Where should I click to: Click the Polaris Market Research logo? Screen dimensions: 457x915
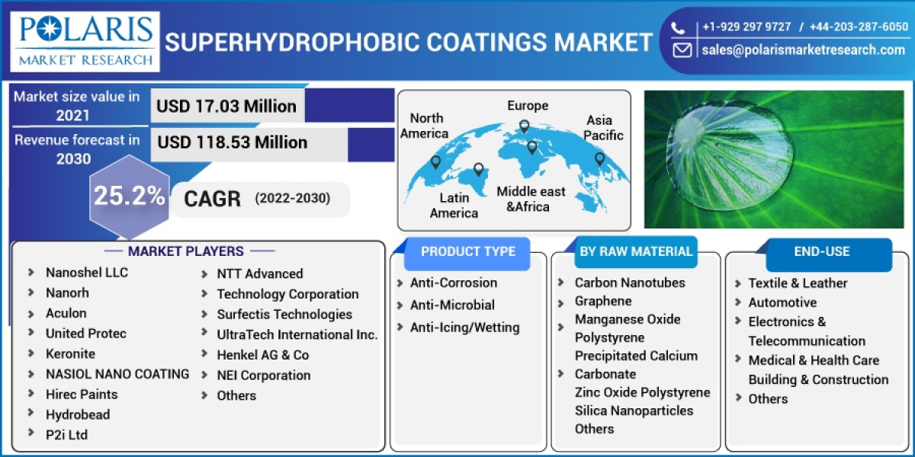(x=85, y=41)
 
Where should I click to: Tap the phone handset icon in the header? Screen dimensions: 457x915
(x=678, y=27)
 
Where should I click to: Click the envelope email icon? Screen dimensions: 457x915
(x=681, y=50)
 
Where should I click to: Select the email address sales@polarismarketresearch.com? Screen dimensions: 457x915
(x=803, y=50)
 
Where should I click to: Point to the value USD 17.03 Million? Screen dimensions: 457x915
(x=226, y=106)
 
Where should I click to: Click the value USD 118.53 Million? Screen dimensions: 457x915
(x=232, y=142)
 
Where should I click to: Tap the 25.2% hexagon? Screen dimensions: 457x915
(x=129, y=197)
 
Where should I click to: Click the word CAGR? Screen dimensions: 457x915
(x=212, y=199)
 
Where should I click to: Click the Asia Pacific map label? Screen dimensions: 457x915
(x=603, y=128)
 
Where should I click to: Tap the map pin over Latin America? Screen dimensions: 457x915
(x=478, y=169)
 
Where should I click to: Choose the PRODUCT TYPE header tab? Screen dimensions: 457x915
(x=467, y=251)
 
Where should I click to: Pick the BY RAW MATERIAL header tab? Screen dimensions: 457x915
(x=635, y=251)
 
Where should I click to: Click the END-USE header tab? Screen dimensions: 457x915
(x=821, y=251)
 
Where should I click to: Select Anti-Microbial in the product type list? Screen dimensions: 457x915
(x=452, y=305)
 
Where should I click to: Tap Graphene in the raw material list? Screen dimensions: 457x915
(x=603, y=301)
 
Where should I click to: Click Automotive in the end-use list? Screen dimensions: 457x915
(x=782, y=302)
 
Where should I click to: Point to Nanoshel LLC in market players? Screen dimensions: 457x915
(x=87, y=272)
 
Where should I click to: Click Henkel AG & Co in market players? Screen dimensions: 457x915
(x=262, y=355)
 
